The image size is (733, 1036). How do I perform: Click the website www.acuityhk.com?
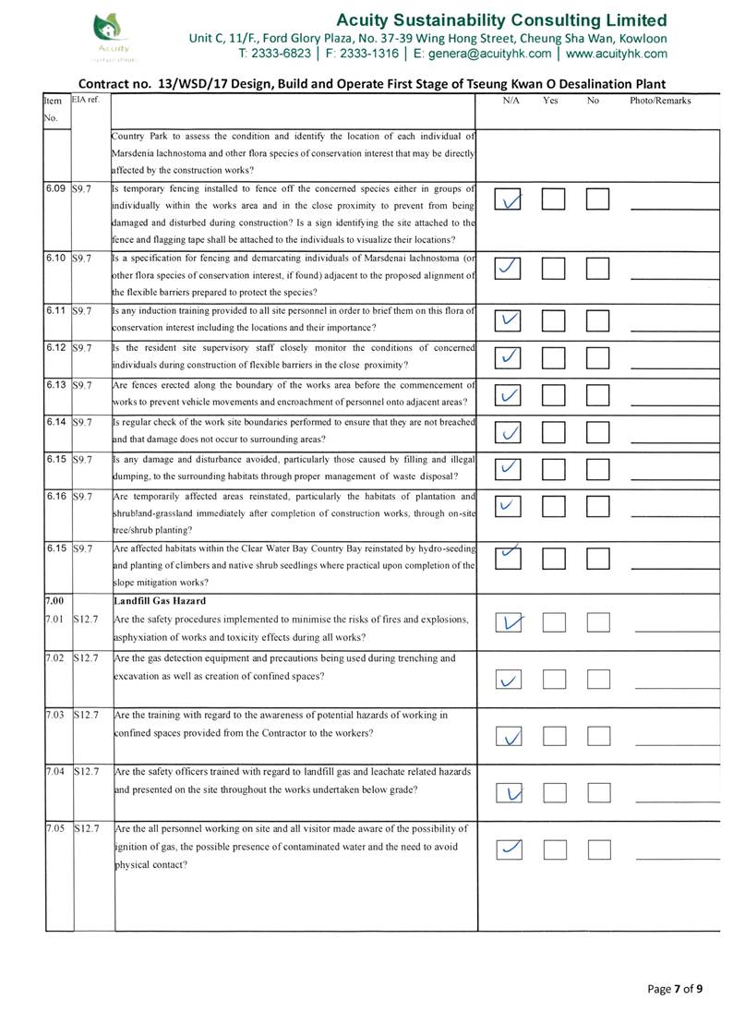point(623,54)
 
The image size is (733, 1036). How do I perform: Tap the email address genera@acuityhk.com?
point(485,54)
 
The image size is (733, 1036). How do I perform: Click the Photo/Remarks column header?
point(660,100)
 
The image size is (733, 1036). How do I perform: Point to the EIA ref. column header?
point(86,100)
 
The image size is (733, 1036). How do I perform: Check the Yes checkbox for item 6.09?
point(553,199)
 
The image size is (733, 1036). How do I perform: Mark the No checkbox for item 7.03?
point(598,736)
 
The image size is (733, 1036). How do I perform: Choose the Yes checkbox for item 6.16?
point(553,507)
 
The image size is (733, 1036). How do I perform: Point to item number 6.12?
point(57,347)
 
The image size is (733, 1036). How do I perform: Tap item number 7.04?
point(56,770)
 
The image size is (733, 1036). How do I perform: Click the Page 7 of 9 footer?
point(675,989)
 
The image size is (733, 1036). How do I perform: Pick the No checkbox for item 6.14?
point(598,432)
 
